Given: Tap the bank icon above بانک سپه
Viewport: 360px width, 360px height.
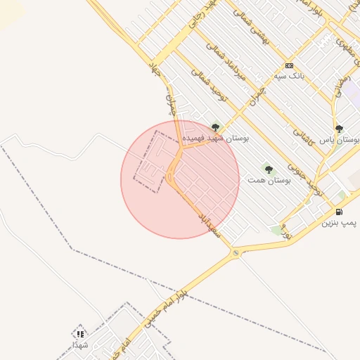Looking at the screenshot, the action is click(x=289, y=65).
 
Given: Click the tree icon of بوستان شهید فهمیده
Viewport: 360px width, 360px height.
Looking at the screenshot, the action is click(x=215, y=128).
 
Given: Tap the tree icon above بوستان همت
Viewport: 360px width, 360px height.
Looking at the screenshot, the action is click(x=268, y=169).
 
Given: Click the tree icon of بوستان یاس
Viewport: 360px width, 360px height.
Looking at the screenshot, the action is click(x=339, y=129).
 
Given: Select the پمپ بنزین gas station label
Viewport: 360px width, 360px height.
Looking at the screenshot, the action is click(x=339, y=223).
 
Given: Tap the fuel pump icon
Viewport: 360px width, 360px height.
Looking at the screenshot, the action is click(x=339, y=212).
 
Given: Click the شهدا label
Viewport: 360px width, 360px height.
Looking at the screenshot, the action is click(x=80, y=345).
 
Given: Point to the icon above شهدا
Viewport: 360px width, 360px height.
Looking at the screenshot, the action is click(x=80, y=334).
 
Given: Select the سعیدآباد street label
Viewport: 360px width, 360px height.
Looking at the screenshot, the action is click(x=210, y=221).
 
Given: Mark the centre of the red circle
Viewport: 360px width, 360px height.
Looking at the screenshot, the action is click(x=180, y=180).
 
